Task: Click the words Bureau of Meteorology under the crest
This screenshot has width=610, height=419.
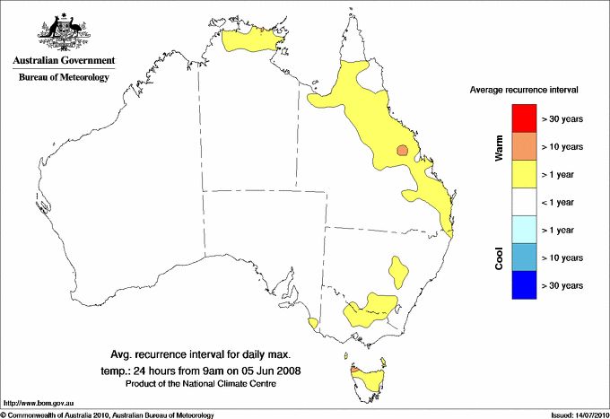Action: tap(64, 77)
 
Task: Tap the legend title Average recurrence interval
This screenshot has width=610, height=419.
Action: tap(524, 91)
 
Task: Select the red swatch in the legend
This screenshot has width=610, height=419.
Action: tap(523, 118)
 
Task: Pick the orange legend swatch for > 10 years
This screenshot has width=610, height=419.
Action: tap(523, 145)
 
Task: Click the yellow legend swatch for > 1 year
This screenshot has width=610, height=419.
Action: tap(523, 173)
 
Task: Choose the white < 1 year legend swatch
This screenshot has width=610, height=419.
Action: tap(523, 201)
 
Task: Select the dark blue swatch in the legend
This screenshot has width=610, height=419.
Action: tap(523, 285)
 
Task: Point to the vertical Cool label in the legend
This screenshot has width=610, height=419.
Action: tap(499, 258)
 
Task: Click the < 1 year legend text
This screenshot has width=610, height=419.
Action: tap(562, 202)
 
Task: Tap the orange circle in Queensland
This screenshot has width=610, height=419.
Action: tap(403, 151)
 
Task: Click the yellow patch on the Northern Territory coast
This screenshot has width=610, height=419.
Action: tap(253, 40)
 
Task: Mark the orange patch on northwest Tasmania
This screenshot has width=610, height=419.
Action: tap(355, 368)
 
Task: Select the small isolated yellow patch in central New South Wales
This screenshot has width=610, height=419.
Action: tap(397, 268)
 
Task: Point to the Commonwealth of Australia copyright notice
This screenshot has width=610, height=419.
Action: tap(108, 415)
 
